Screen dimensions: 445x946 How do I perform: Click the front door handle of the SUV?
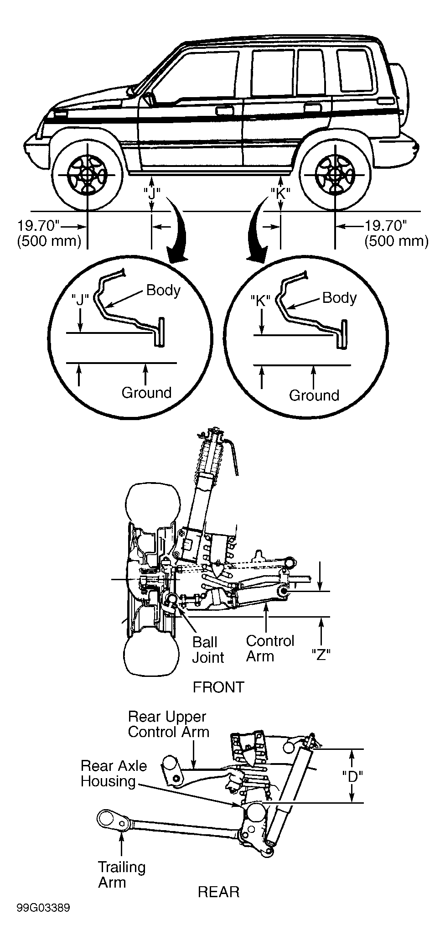tap(223, 110)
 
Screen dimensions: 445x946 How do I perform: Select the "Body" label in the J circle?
tap(163, 290)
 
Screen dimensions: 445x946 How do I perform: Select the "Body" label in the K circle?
tap(339, 298)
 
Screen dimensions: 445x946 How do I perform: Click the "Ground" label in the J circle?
tap(146, 392)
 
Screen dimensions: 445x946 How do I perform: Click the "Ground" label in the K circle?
tap(314, 395)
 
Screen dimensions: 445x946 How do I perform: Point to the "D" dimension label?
tap(352, 776)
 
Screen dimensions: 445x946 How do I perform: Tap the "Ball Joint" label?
tap(208, 650)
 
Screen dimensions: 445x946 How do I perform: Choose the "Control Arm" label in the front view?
tap(270, 648)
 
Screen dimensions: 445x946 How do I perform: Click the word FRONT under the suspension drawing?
tap(218, 687)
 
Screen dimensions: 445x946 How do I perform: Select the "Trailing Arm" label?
tap(122, 874)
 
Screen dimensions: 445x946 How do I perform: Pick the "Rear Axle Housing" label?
tap(114, 773)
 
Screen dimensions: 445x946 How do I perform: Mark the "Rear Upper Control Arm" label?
tap(169, 724)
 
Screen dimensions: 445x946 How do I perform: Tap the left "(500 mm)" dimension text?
tap(49, 241)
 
